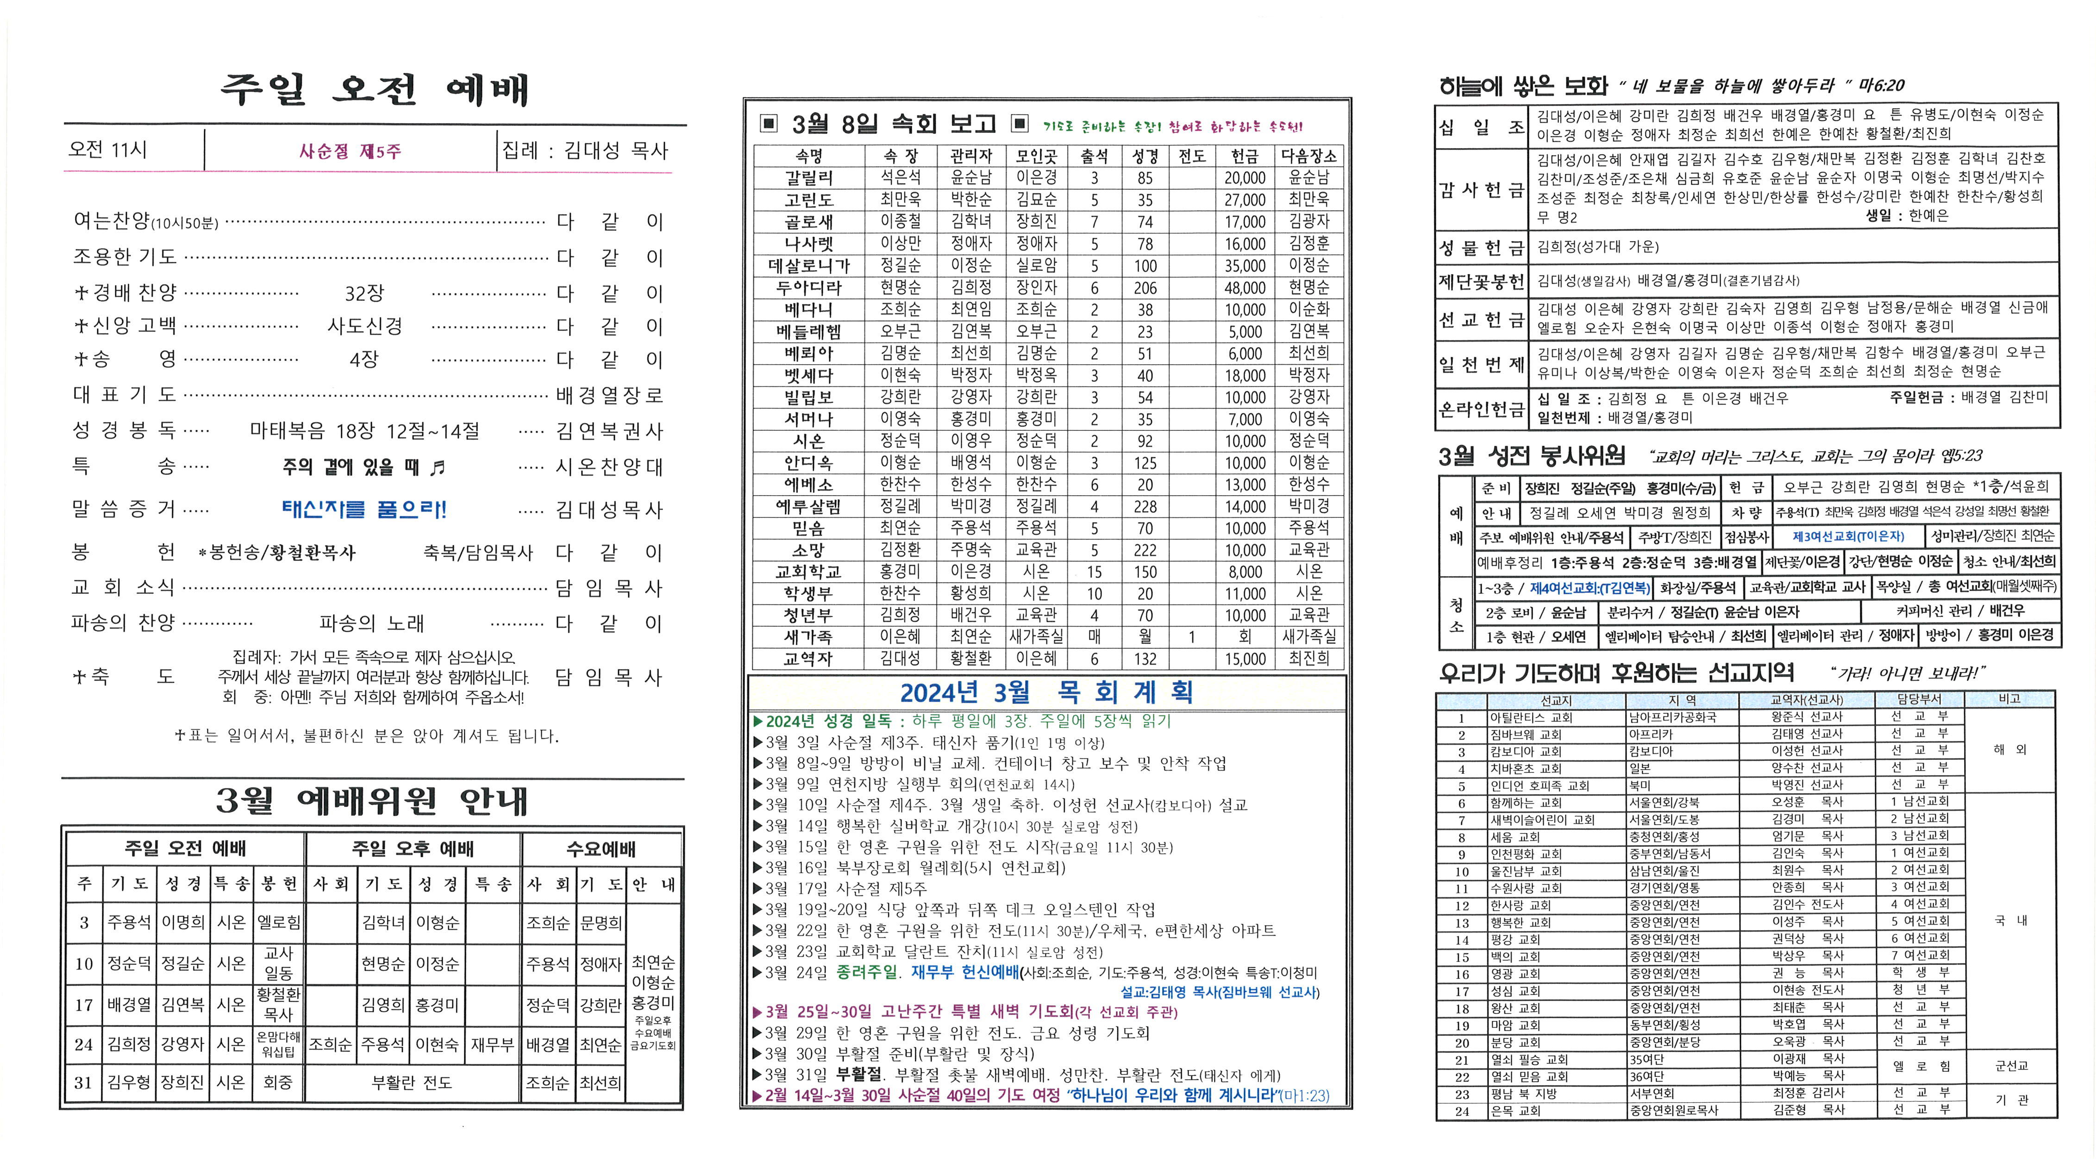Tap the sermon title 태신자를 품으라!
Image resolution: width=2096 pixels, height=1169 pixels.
[x=364, y=510]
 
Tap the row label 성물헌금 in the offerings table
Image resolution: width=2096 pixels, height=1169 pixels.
[x=1481, y=247]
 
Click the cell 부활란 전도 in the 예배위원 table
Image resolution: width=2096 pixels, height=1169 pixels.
[x=412, y=1083]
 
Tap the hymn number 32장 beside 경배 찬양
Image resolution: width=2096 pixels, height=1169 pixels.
[x=364, y=293]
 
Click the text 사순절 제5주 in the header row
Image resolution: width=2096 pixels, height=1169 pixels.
[x=350, y=151]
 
